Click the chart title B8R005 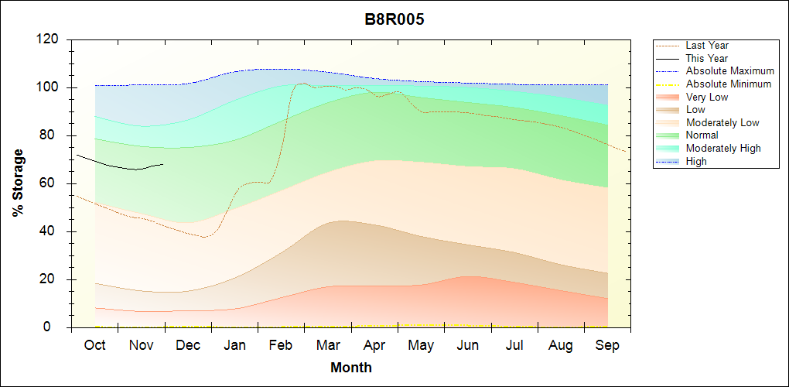pyautogui.click(x=394, y=19)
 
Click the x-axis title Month pyautogui.click(x=351, y=368)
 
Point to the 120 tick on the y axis pyautogui.click(x=50, y=39)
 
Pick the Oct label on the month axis pyautogui.click(x=94, y=345)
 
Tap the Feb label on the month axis pyautogui.click(x=281, y=345)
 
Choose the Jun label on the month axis pyautogui.click(x=467, y=345)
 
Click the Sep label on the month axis pyautogui.click(x=607, y=345)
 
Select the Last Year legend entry pyautogui.click(x=707, y=46)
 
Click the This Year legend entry pyautogui.click(x=707, y=58)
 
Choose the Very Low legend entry pyautogui.click(x=707, y=97)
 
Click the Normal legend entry pyautogui.click(x=703, y=135)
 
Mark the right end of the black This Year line pyautogui.click(x=163, y=164)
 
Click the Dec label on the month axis pyautogui.click(x=188, y=345)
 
